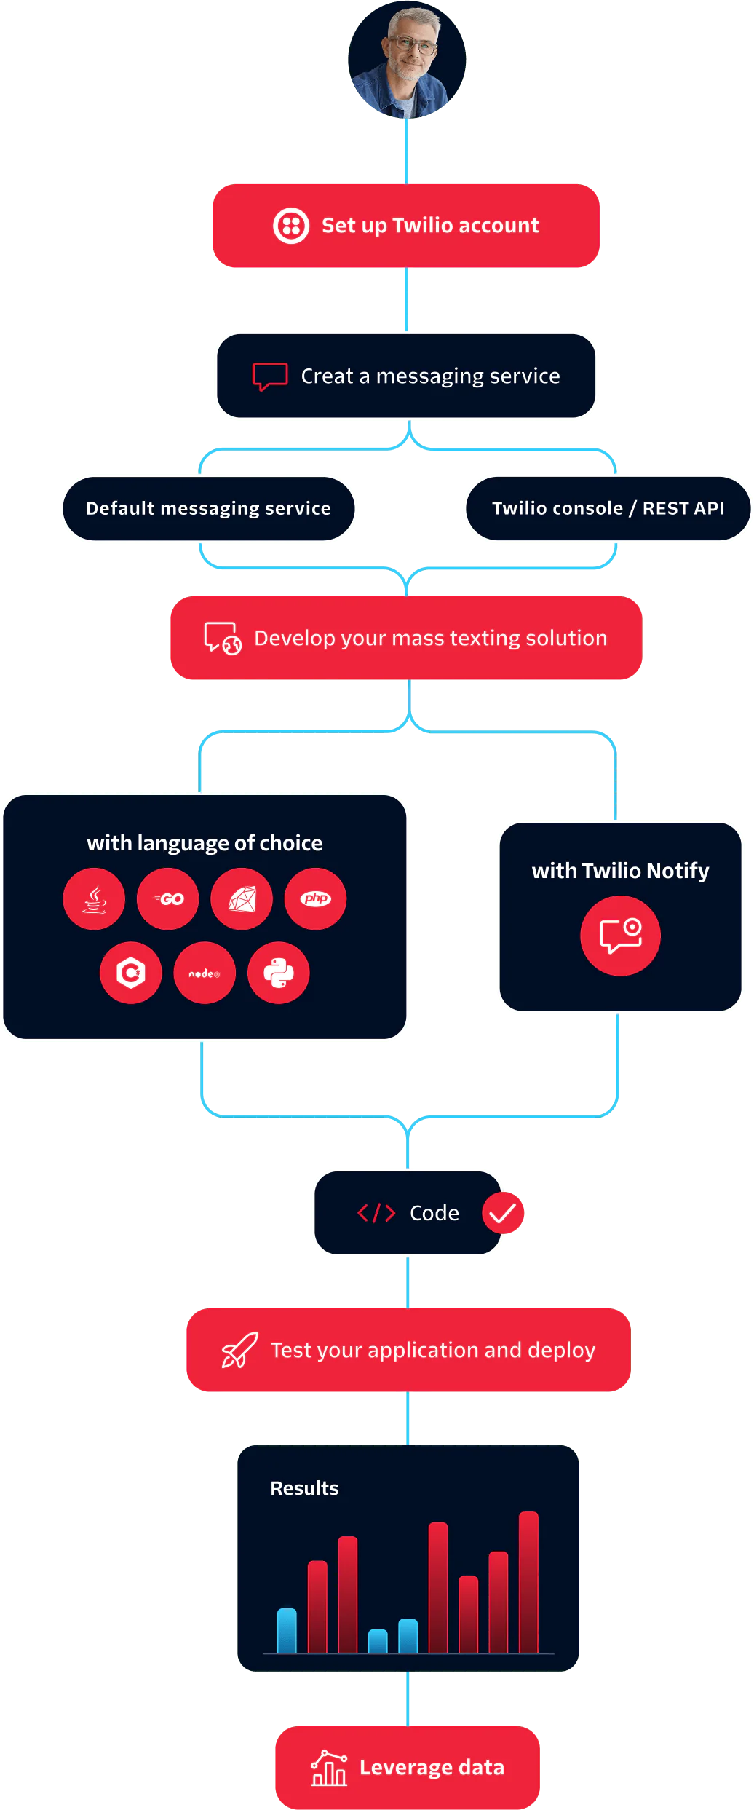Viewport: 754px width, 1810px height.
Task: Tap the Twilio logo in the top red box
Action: point(291,226)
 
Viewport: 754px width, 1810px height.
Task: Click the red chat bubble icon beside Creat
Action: point(270,376)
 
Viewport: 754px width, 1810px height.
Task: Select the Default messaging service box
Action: point(208,508)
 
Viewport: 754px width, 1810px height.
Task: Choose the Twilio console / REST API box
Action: point(608,508)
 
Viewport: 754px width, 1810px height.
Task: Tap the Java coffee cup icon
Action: point(94,899)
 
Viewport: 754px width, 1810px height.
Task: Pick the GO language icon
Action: point(168,899)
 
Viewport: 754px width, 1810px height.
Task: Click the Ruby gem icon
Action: point(242,899)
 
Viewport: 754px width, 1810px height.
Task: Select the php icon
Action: point(316,899)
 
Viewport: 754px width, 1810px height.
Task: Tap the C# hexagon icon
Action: point(131,973)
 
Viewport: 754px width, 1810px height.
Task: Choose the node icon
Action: point(205,973)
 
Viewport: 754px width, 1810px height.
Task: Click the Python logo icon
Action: point(279,973)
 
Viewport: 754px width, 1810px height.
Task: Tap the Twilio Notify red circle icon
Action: point(620,936)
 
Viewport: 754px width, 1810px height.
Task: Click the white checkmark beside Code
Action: point(502,1213)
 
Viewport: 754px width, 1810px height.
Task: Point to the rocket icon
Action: point(239,1351)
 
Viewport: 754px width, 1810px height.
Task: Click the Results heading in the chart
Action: point(304,1489)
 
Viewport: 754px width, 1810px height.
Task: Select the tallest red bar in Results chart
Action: point(528,1581)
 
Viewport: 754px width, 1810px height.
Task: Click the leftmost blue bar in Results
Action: point(287,1631)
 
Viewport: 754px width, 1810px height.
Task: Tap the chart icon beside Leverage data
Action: point(329,1768)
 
